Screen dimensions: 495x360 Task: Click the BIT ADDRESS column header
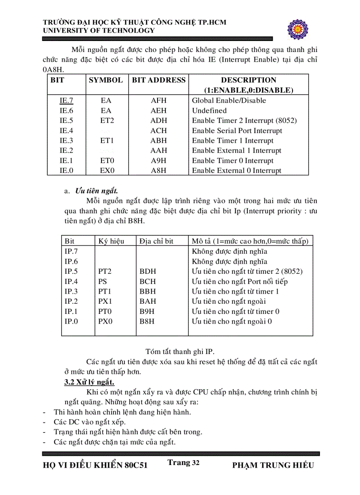pos(159,80)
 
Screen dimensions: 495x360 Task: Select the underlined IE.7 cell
pos(66,100)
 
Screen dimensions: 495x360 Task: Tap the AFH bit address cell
pos(158,100)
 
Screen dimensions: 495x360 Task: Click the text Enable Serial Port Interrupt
pos(237,131)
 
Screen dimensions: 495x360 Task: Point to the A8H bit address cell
pos(158,171)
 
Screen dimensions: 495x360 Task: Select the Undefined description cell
pos(209,111)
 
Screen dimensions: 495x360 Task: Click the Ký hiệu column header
pos(111,241)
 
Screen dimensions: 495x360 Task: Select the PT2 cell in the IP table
pos(105,272)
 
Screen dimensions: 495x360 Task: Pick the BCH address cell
pos(147,282)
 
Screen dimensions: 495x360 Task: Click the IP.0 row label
pos(71,322)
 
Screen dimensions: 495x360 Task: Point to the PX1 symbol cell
pos(105,301)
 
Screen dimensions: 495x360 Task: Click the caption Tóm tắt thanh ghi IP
pos(180,351)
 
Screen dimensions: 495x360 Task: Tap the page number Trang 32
pos(184,462)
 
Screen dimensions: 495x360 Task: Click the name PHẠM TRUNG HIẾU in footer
pos(273,465)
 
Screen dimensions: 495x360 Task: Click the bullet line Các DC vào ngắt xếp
pos(83,422)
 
